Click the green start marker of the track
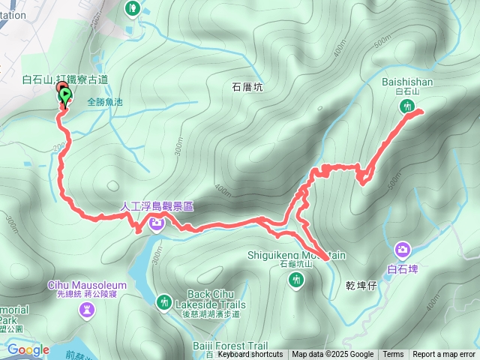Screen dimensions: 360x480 pyautogui.click(x=65, y=96)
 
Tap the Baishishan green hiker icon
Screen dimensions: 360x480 pyautogui.click(x=407, y=106)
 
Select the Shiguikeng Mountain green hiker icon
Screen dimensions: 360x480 pyautogui.click(x=296, y=280)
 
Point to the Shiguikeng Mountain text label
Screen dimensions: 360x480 pyautogui.click(x=296, y=255)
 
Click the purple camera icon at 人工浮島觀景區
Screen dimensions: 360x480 pyautogui.click(x=157, y=222)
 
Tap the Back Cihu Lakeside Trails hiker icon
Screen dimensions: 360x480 pyautogui.click(x=164, y=301)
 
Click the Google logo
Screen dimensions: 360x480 pyautogui.click(x=28, y=349)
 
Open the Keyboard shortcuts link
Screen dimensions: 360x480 pyautogui.click(x=250, y=355)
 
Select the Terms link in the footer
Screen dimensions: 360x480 pyautogui.click(x=393, y=355)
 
